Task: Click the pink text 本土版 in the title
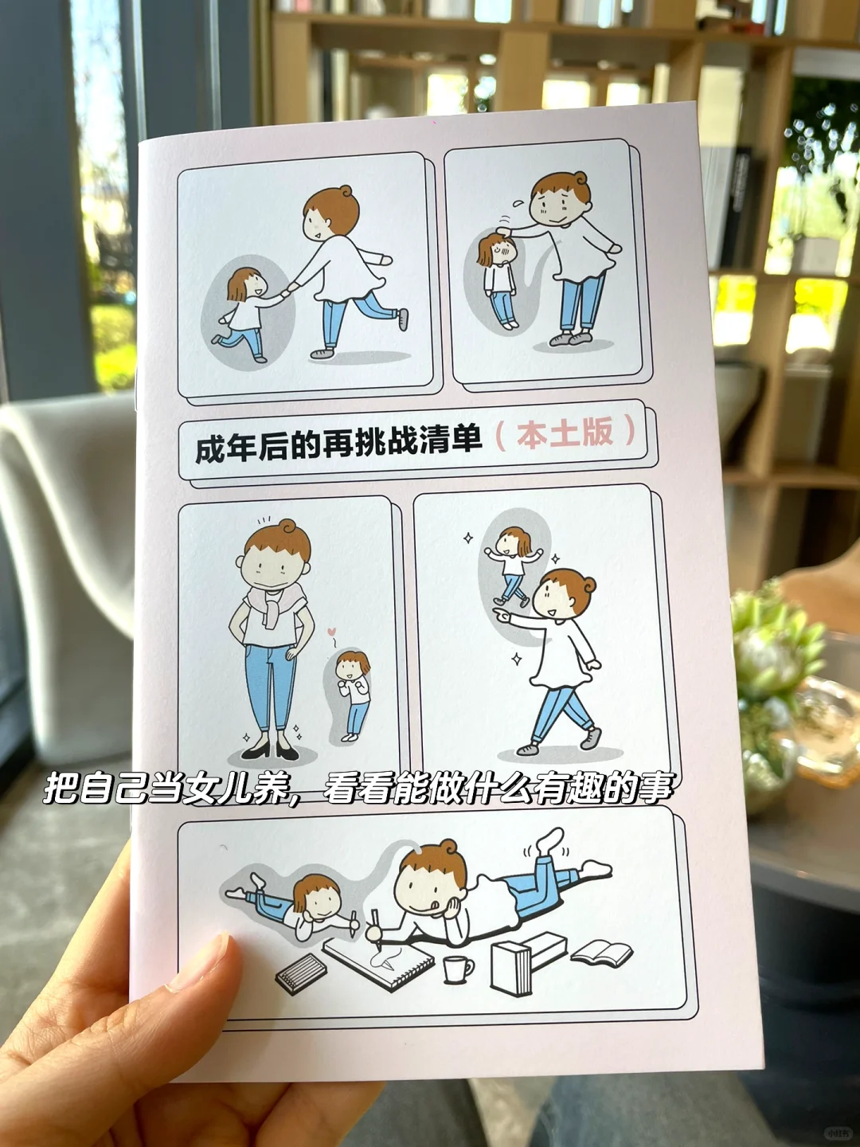565,434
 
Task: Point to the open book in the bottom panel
601,953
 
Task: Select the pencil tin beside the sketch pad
301,973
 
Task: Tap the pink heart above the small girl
331,631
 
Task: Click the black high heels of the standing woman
271,750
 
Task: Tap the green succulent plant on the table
772,648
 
